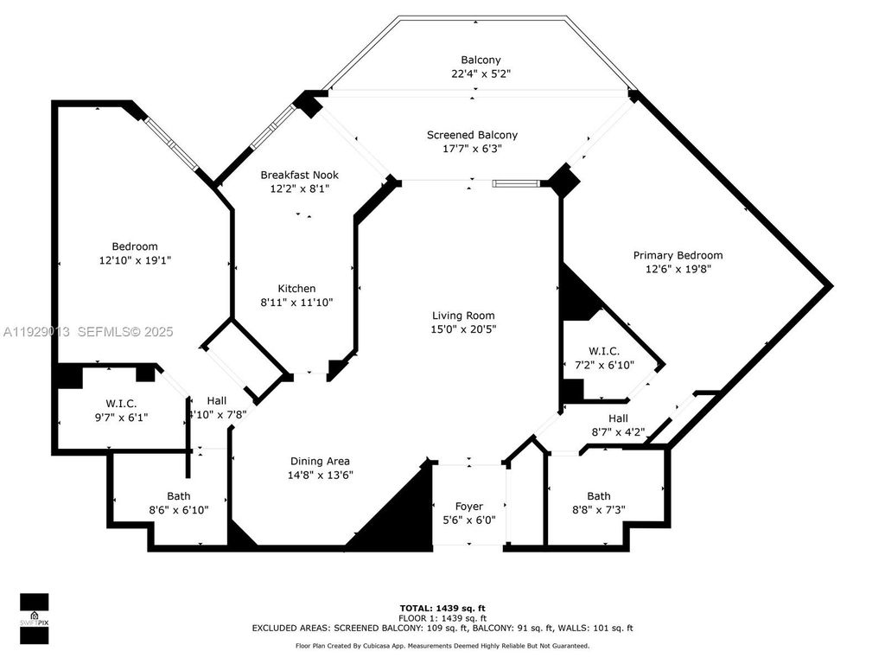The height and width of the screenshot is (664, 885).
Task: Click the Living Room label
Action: point(464,316)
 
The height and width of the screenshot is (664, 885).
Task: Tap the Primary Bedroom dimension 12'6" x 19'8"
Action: point(678,269)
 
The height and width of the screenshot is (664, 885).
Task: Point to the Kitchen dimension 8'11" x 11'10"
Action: point(296,303)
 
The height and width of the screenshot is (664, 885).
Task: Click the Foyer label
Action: point(469,506)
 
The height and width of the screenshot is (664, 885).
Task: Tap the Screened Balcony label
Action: point(472,135)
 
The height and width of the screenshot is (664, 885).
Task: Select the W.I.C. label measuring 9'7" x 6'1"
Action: point(121,404)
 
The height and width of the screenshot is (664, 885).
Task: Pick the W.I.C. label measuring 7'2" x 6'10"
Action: point(603,351)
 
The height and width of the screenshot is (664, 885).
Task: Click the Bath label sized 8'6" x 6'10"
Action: point(179,496)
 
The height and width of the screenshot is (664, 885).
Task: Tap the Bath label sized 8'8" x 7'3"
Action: point(598,496)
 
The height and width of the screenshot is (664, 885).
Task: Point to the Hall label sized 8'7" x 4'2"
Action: point(617,418)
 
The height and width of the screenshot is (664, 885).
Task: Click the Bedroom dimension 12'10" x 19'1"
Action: point(134,260)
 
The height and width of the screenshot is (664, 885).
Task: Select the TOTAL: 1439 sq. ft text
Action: point(442,608)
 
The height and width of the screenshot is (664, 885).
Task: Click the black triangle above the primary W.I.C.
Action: point(576,298)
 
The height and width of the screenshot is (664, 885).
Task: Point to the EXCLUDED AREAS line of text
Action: point(442,629)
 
